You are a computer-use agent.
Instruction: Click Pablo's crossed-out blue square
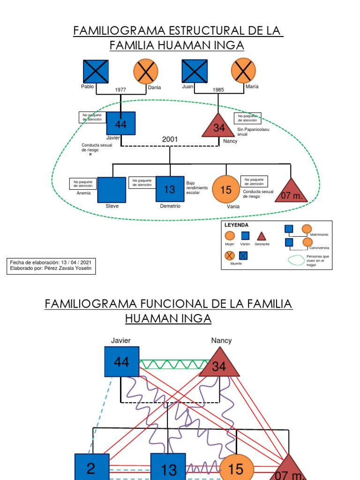click(96, 72)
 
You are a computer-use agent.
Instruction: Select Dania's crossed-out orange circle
click(146, 72)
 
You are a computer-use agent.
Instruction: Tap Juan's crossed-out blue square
click(195, 71)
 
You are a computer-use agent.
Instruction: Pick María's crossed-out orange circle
click(243, 71)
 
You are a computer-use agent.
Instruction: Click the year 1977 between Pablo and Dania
click(120, 90)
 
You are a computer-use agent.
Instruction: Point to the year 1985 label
click(218, 90)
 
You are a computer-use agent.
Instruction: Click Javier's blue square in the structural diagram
click(121, 124)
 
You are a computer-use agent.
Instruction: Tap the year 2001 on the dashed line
click(170, 139)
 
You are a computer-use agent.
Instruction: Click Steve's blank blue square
click(112, 189)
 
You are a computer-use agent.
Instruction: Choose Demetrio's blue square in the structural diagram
click(170, 189)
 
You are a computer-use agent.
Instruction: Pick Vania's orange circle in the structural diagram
click(226, 189)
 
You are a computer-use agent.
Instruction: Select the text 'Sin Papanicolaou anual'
click(253, 132)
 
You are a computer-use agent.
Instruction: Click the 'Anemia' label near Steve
click(83, 193)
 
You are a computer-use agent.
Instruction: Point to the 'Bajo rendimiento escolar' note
click(196, 188)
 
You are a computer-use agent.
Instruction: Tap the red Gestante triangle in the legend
click(261, 236)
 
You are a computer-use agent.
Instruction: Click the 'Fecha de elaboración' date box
click(51, 266)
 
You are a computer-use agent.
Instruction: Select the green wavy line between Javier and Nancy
click(173, 365)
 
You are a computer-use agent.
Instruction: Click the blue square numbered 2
click(91, 468)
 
